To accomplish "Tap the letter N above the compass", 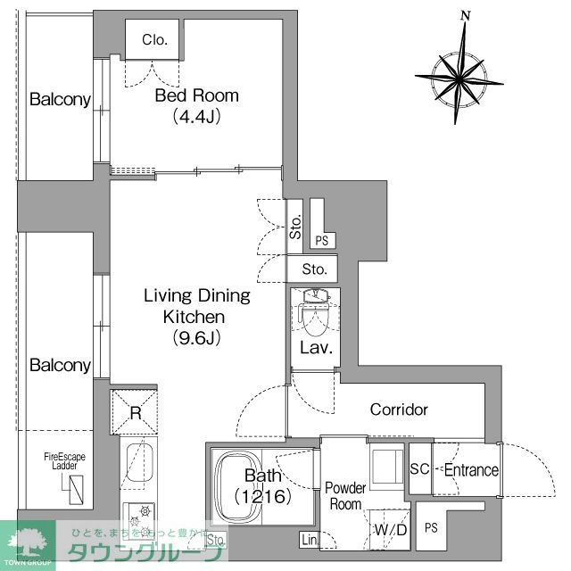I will (x=465, y=15).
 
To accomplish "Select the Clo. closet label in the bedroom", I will (x=154, y=39).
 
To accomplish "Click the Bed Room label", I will (x=196, y=96).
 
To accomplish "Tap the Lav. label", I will (x=316, y=348).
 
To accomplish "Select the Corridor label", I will (x=399, y=410).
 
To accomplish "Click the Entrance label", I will (x=470, y=471).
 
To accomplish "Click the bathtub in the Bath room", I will (x=254, y=486).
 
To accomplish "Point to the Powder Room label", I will (x=344, y=495).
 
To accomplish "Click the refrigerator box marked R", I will (x=136, y=413).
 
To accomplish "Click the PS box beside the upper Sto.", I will (x=321, y=240).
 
